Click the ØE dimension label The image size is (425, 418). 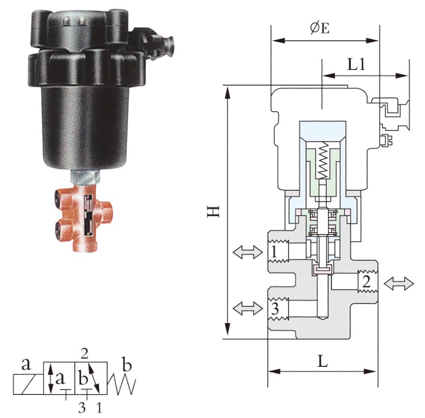(320, 28)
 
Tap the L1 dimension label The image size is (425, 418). (356, 65)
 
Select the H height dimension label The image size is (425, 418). (213, 211)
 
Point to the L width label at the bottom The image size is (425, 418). (323, 361)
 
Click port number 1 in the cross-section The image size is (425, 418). (274, 252)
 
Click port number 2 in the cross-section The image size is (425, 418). (366, 282)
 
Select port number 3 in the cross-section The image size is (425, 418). (275, 309)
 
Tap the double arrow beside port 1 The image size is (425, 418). (248, 252)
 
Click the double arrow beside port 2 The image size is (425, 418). (399, 283)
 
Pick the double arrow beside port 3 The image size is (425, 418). (248, 308)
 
